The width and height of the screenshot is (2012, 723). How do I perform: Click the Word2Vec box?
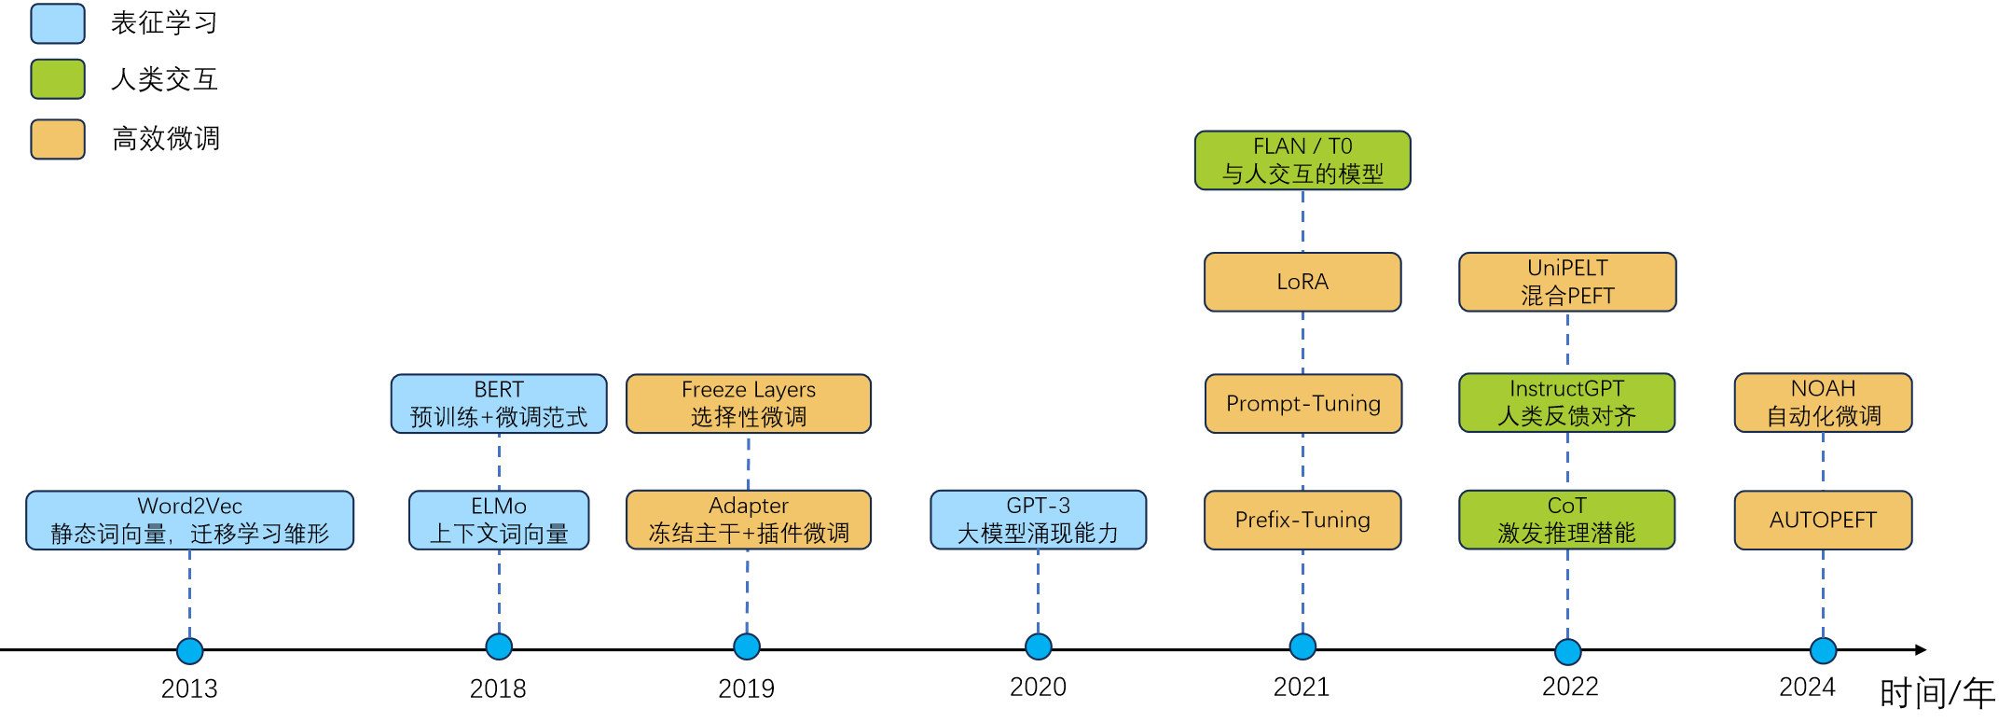click(189, 520)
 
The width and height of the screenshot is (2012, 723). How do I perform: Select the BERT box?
click(499, 403)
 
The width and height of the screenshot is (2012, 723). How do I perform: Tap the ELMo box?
click(499, 520)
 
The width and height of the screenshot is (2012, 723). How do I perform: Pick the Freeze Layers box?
click(748, 403)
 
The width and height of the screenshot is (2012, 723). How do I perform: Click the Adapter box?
click(748, 520)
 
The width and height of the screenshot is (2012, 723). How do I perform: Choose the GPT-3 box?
click(1038, 520)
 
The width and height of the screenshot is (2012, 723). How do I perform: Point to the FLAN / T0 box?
click(1302, 160)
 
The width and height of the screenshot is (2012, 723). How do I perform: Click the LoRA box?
click(1302, 282)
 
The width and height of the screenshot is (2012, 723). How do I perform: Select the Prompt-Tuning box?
click(1302, 403)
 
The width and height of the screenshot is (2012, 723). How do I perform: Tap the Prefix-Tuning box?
click(1302, 520)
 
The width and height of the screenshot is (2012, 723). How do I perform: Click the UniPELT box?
click(1567, 282)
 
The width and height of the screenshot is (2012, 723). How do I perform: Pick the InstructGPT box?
click(1567, 402)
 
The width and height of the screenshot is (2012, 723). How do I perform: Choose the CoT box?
click(1567, 520)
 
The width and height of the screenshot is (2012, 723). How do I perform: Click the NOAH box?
click(1823, 402)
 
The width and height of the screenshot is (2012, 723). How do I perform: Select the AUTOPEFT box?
click(1823, 520)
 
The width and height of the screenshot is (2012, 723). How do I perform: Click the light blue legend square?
click(58, 24)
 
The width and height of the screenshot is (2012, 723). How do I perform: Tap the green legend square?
click(58, 79)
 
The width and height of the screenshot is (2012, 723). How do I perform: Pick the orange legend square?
click(58, 139)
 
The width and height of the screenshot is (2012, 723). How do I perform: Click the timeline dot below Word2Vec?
click(189, 650)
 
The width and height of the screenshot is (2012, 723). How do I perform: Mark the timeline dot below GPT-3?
click(1038, 646)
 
